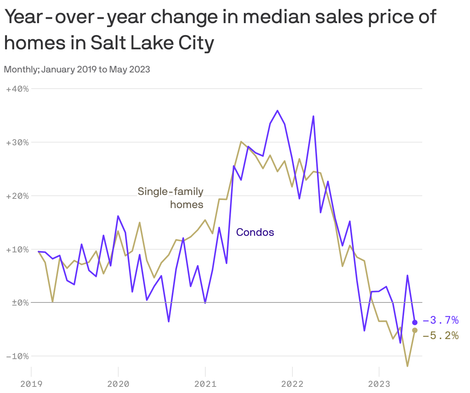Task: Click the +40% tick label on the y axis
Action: [17, 89]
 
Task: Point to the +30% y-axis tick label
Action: [17, 143]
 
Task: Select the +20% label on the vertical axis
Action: [17, 196]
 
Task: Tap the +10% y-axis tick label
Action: [17, 250]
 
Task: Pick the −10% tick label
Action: [17, 356]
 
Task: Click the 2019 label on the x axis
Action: [31, 384]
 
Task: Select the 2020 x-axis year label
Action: [118, 384]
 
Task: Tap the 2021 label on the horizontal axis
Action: [205, 384]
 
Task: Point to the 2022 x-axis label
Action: [292, 384]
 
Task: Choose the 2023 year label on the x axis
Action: [379, 384]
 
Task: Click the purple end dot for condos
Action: [415, 322]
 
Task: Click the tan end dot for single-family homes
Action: [415, 330]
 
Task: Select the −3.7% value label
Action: [440, 320]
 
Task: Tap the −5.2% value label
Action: [440, 336]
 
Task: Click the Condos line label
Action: [255, 232]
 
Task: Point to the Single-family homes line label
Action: [171, 198]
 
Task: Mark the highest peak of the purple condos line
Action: [277, 111]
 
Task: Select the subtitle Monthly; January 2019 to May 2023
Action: [77, 70]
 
